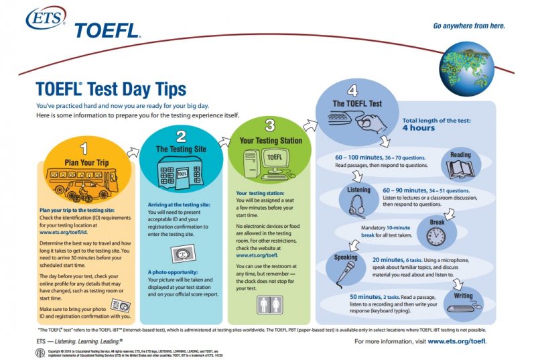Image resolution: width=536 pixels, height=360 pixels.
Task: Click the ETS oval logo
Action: (46, 18)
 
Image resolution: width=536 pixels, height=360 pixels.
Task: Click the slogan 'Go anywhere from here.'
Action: (468, 26)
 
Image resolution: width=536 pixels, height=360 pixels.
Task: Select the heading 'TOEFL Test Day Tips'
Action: (111, 89)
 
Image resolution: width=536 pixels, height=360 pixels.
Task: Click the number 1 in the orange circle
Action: (84, 145)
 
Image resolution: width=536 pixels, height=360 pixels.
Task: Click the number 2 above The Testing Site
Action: (181, 135)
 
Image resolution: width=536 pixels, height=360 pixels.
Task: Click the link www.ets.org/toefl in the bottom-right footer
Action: (456, 341)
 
